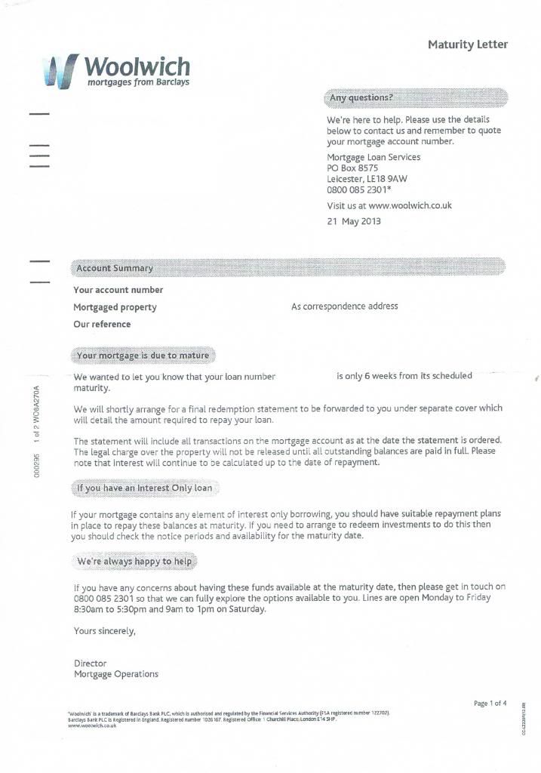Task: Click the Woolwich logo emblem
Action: pos(61,72)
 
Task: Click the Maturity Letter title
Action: pos(468,45)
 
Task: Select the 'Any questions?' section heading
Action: pos(360,98)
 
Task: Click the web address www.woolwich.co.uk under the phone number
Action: pos(410,205)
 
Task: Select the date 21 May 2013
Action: pos(354,221)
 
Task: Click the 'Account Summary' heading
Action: pos(115,268)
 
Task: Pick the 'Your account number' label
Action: pos(118,290)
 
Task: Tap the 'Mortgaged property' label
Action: pos(115,307)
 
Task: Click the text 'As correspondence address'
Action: pos(344,306)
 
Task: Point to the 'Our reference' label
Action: pos(102,325)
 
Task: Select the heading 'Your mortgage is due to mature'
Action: pos(143,355)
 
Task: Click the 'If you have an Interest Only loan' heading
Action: pos(144,488)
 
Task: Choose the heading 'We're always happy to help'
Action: pos(135,562)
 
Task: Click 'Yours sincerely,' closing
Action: pos(105,630)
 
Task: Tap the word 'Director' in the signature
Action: pos(91,664)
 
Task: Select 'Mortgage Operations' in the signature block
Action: pos(116,674)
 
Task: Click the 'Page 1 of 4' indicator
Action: pos(490,704)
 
